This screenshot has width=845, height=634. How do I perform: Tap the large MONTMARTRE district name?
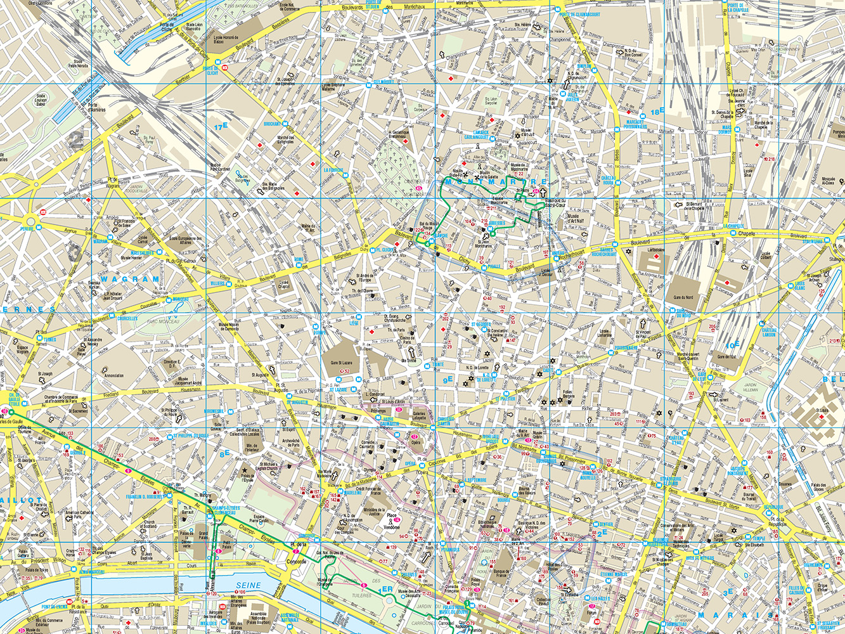[496, 183]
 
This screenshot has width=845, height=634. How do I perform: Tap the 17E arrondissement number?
[220, 127]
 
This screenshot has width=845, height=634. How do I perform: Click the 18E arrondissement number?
[656, 112]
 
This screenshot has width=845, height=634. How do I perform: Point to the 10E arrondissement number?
[733, 345]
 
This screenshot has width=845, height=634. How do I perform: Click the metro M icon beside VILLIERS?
[231, 284]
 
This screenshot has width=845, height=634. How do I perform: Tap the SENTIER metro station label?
[606, 524]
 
